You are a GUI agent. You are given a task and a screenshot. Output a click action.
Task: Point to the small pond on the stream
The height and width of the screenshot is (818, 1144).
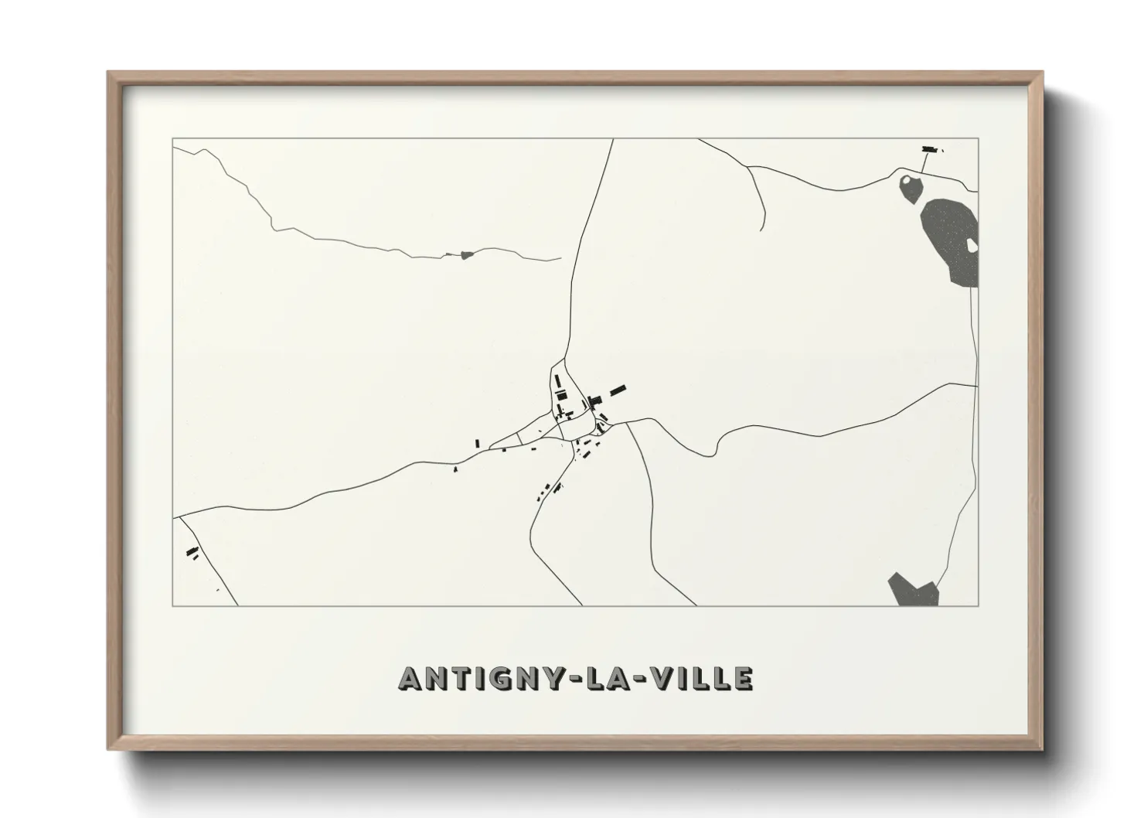(x=465, y=254)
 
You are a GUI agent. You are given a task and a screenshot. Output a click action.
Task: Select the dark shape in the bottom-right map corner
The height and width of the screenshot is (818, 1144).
(x=914, y=590)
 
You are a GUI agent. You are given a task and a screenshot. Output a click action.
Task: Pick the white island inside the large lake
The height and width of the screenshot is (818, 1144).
(x=971, y=246)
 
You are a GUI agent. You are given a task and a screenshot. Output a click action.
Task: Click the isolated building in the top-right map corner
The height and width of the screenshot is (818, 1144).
(x=929, y=148)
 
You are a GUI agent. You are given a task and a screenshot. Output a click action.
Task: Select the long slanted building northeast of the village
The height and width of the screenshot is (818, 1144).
(x=618, y=390)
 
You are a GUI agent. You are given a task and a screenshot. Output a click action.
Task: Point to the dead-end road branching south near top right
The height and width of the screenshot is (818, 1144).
(x=758, y=198)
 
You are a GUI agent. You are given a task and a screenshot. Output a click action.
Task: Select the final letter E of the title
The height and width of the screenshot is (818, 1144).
(x=743, y=678)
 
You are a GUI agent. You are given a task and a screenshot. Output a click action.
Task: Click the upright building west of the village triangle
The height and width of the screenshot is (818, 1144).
(x=478, y=443)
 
